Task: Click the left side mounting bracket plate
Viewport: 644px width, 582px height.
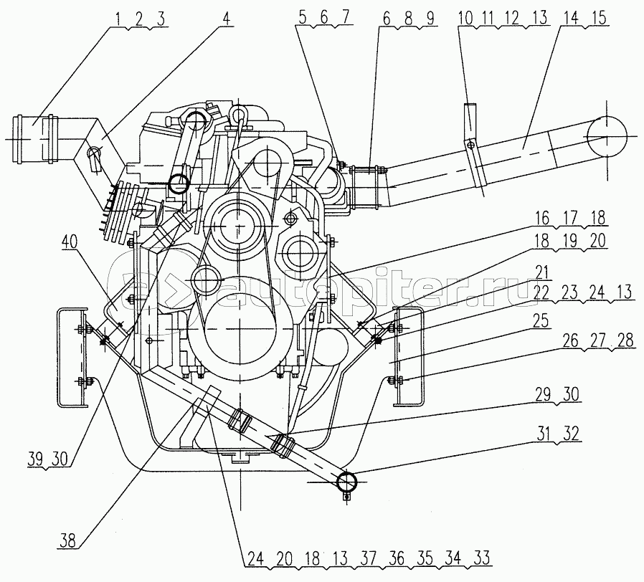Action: (72, 356)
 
